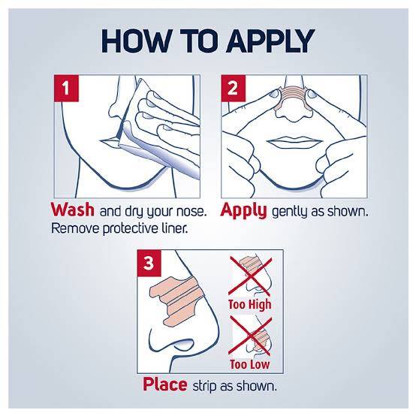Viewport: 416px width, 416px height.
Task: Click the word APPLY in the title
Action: click(270, 41)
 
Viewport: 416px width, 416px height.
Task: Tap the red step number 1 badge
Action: click(66, 88)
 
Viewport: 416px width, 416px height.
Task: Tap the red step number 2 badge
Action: click(234, 88)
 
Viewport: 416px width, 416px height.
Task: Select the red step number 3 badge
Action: click(149, 263)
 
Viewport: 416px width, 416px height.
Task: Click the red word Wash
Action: click(72, 210)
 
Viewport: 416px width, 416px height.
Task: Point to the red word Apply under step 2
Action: click(243, 211)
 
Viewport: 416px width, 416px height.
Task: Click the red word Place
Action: click(164, 384)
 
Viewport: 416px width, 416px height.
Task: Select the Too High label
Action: click(250, 304)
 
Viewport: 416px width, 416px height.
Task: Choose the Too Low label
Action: click(249, 364)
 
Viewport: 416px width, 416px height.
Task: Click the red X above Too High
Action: click(250, 276)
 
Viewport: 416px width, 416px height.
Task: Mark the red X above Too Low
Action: click(250, 336)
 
